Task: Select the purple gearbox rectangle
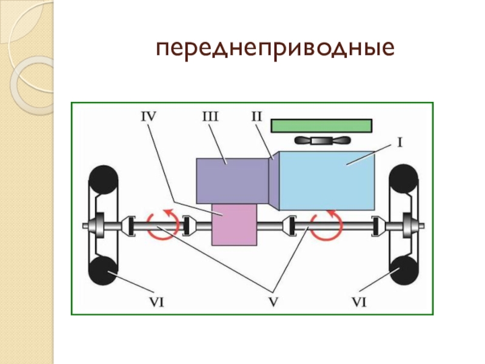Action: click(x=232, y=180)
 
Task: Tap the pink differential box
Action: click(x=234, y=224)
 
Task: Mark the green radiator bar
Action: click(x=321, y=125)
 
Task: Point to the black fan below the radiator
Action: click(x=321, y=141)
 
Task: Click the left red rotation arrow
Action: click(x=163, y=223)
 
